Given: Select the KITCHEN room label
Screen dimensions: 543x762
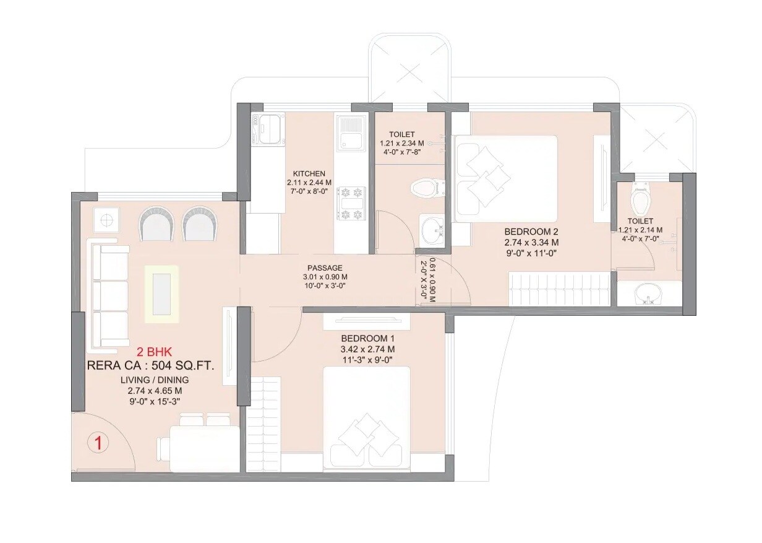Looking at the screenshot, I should coord(309,173).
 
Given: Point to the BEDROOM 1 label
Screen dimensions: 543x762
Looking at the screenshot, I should coord(367,339).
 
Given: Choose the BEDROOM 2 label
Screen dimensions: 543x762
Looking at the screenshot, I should coord(531,232).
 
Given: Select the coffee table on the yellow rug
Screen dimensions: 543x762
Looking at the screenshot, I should coord(161,293).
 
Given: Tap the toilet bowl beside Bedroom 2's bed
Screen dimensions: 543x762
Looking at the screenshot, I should coord(427,186).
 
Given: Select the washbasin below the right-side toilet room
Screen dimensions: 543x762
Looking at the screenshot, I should coord(648,293).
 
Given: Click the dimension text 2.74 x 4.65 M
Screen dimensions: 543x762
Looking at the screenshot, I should coord(155,391).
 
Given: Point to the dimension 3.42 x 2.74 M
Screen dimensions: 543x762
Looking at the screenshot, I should coord(367,349).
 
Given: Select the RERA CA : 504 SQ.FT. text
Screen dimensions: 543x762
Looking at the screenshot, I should coord(150,366).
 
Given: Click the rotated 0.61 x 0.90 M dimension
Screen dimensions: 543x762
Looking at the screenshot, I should coord(432,279).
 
